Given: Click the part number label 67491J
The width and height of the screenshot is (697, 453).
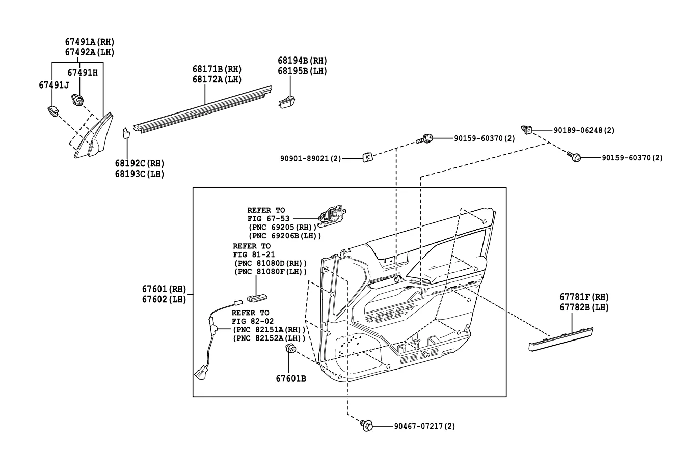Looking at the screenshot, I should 54,86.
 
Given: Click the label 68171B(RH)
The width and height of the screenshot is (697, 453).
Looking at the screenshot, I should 217,69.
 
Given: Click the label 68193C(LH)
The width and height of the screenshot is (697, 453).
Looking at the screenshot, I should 140,174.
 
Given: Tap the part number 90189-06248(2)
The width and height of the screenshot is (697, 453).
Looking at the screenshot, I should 584,130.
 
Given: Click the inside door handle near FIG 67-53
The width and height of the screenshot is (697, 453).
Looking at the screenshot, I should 332,216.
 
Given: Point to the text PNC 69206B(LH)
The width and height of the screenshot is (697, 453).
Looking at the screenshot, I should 284,236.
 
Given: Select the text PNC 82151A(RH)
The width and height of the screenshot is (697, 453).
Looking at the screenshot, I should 269,329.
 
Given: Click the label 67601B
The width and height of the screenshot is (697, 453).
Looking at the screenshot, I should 291,379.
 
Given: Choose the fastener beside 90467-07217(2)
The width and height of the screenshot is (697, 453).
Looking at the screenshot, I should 367,426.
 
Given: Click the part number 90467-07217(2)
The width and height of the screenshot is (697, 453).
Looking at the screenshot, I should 424,426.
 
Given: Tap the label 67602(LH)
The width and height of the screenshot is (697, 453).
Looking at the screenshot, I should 164,299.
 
